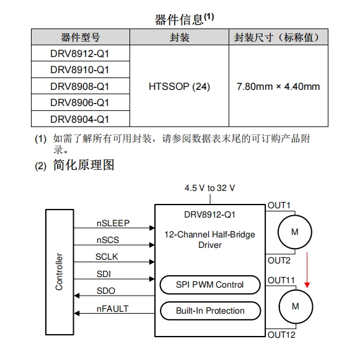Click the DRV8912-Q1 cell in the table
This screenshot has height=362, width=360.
[80, 53]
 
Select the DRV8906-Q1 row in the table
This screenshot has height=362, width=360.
[80, 102]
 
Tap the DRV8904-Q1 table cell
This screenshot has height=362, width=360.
[80, 119]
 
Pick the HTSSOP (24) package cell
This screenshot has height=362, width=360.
[179, 86]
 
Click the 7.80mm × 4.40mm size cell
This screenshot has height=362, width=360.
[278, 86]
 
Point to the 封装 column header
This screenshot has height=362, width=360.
[179, 37]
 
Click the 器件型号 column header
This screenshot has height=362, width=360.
[81, 37]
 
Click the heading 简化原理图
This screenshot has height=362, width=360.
[84, 165]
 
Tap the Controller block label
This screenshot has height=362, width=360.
[59, 271]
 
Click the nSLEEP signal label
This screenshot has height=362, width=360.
[113, 223]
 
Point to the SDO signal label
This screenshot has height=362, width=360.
[106, 291]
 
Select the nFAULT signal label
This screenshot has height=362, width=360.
[112, 309]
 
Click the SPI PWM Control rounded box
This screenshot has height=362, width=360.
[210, 285]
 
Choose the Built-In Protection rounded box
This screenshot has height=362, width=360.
[210, 311]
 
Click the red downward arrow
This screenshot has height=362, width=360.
[307, 270]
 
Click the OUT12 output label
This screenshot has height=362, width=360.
[281, 335]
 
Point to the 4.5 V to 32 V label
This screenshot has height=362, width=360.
[209, 188]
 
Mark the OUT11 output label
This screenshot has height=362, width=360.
[281, 280]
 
